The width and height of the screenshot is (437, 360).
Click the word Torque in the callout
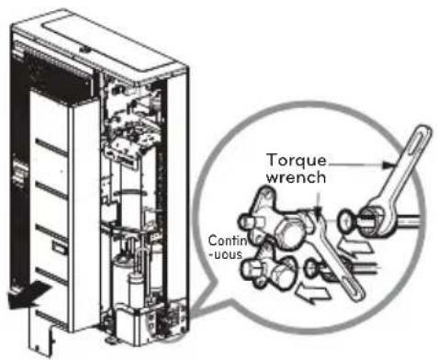pos(297,161)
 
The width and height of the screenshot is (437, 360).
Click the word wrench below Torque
pos(296,177)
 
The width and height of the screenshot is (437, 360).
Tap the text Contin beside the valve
pos(228,241)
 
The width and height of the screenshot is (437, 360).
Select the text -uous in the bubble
pos(225,254)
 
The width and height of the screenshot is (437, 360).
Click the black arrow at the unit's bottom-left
pos(28,294)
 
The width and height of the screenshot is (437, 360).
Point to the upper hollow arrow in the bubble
pos(355,247)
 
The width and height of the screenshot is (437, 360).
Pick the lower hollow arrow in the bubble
pos(313,293)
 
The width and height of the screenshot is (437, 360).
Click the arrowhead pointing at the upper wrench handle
pos(388,165)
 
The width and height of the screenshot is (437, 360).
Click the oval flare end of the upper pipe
pos(345,221)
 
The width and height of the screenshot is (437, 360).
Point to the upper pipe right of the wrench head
pos(408,221)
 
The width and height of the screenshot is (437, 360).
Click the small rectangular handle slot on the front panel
pos(60,247)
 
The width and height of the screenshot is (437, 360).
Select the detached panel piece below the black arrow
pos(42,330)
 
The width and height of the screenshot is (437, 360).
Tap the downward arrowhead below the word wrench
pos(319,208)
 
